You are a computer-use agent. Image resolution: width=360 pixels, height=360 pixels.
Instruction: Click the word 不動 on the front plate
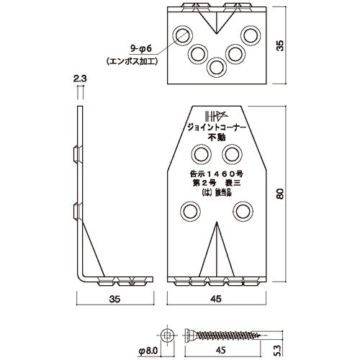point(217,141)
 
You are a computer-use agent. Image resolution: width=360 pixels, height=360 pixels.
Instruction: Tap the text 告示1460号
point(217,172)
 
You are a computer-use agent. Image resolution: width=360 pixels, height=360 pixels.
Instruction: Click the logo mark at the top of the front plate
point(217,116)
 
